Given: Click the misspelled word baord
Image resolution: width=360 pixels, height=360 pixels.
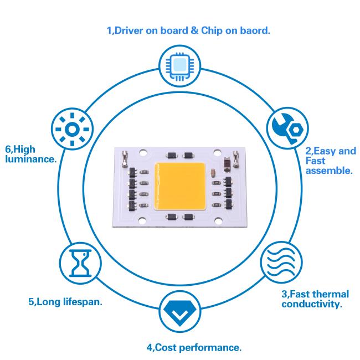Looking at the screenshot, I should (254, 30).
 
